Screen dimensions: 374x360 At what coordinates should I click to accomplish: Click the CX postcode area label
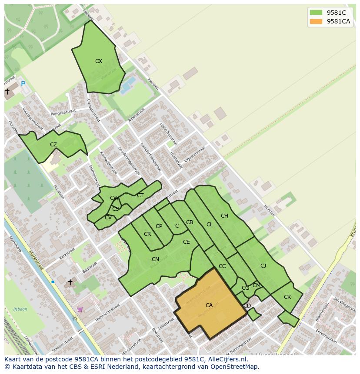coord(99,61)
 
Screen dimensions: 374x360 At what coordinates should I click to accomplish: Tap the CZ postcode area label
coord(53,145)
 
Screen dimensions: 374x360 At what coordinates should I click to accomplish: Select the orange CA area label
coord(209,305)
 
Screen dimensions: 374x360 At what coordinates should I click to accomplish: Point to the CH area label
coord(224,216)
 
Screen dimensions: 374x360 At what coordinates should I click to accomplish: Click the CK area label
coord(287,297)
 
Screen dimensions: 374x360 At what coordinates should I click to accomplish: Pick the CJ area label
coord(263,266)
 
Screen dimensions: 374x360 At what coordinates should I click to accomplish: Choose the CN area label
coord(155,259)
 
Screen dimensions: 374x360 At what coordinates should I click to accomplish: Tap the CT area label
coord(140,195)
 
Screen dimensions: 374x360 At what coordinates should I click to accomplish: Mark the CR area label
coord(147,234)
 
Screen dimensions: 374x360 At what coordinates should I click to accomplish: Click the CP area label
coord(159,226)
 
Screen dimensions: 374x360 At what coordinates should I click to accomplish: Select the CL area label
coord(210,225)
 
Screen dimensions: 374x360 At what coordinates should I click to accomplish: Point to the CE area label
coord(186,242)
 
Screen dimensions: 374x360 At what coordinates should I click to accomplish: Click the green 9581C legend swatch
coord(316,13)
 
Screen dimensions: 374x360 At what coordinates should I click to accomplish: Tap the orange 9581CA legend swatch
coord(316,21)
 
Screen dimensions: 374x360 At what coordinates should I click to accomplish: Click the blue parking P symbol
coord(23,84)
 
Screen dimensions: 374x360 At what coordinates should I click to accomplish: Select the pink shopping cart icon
coord(80,309)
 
